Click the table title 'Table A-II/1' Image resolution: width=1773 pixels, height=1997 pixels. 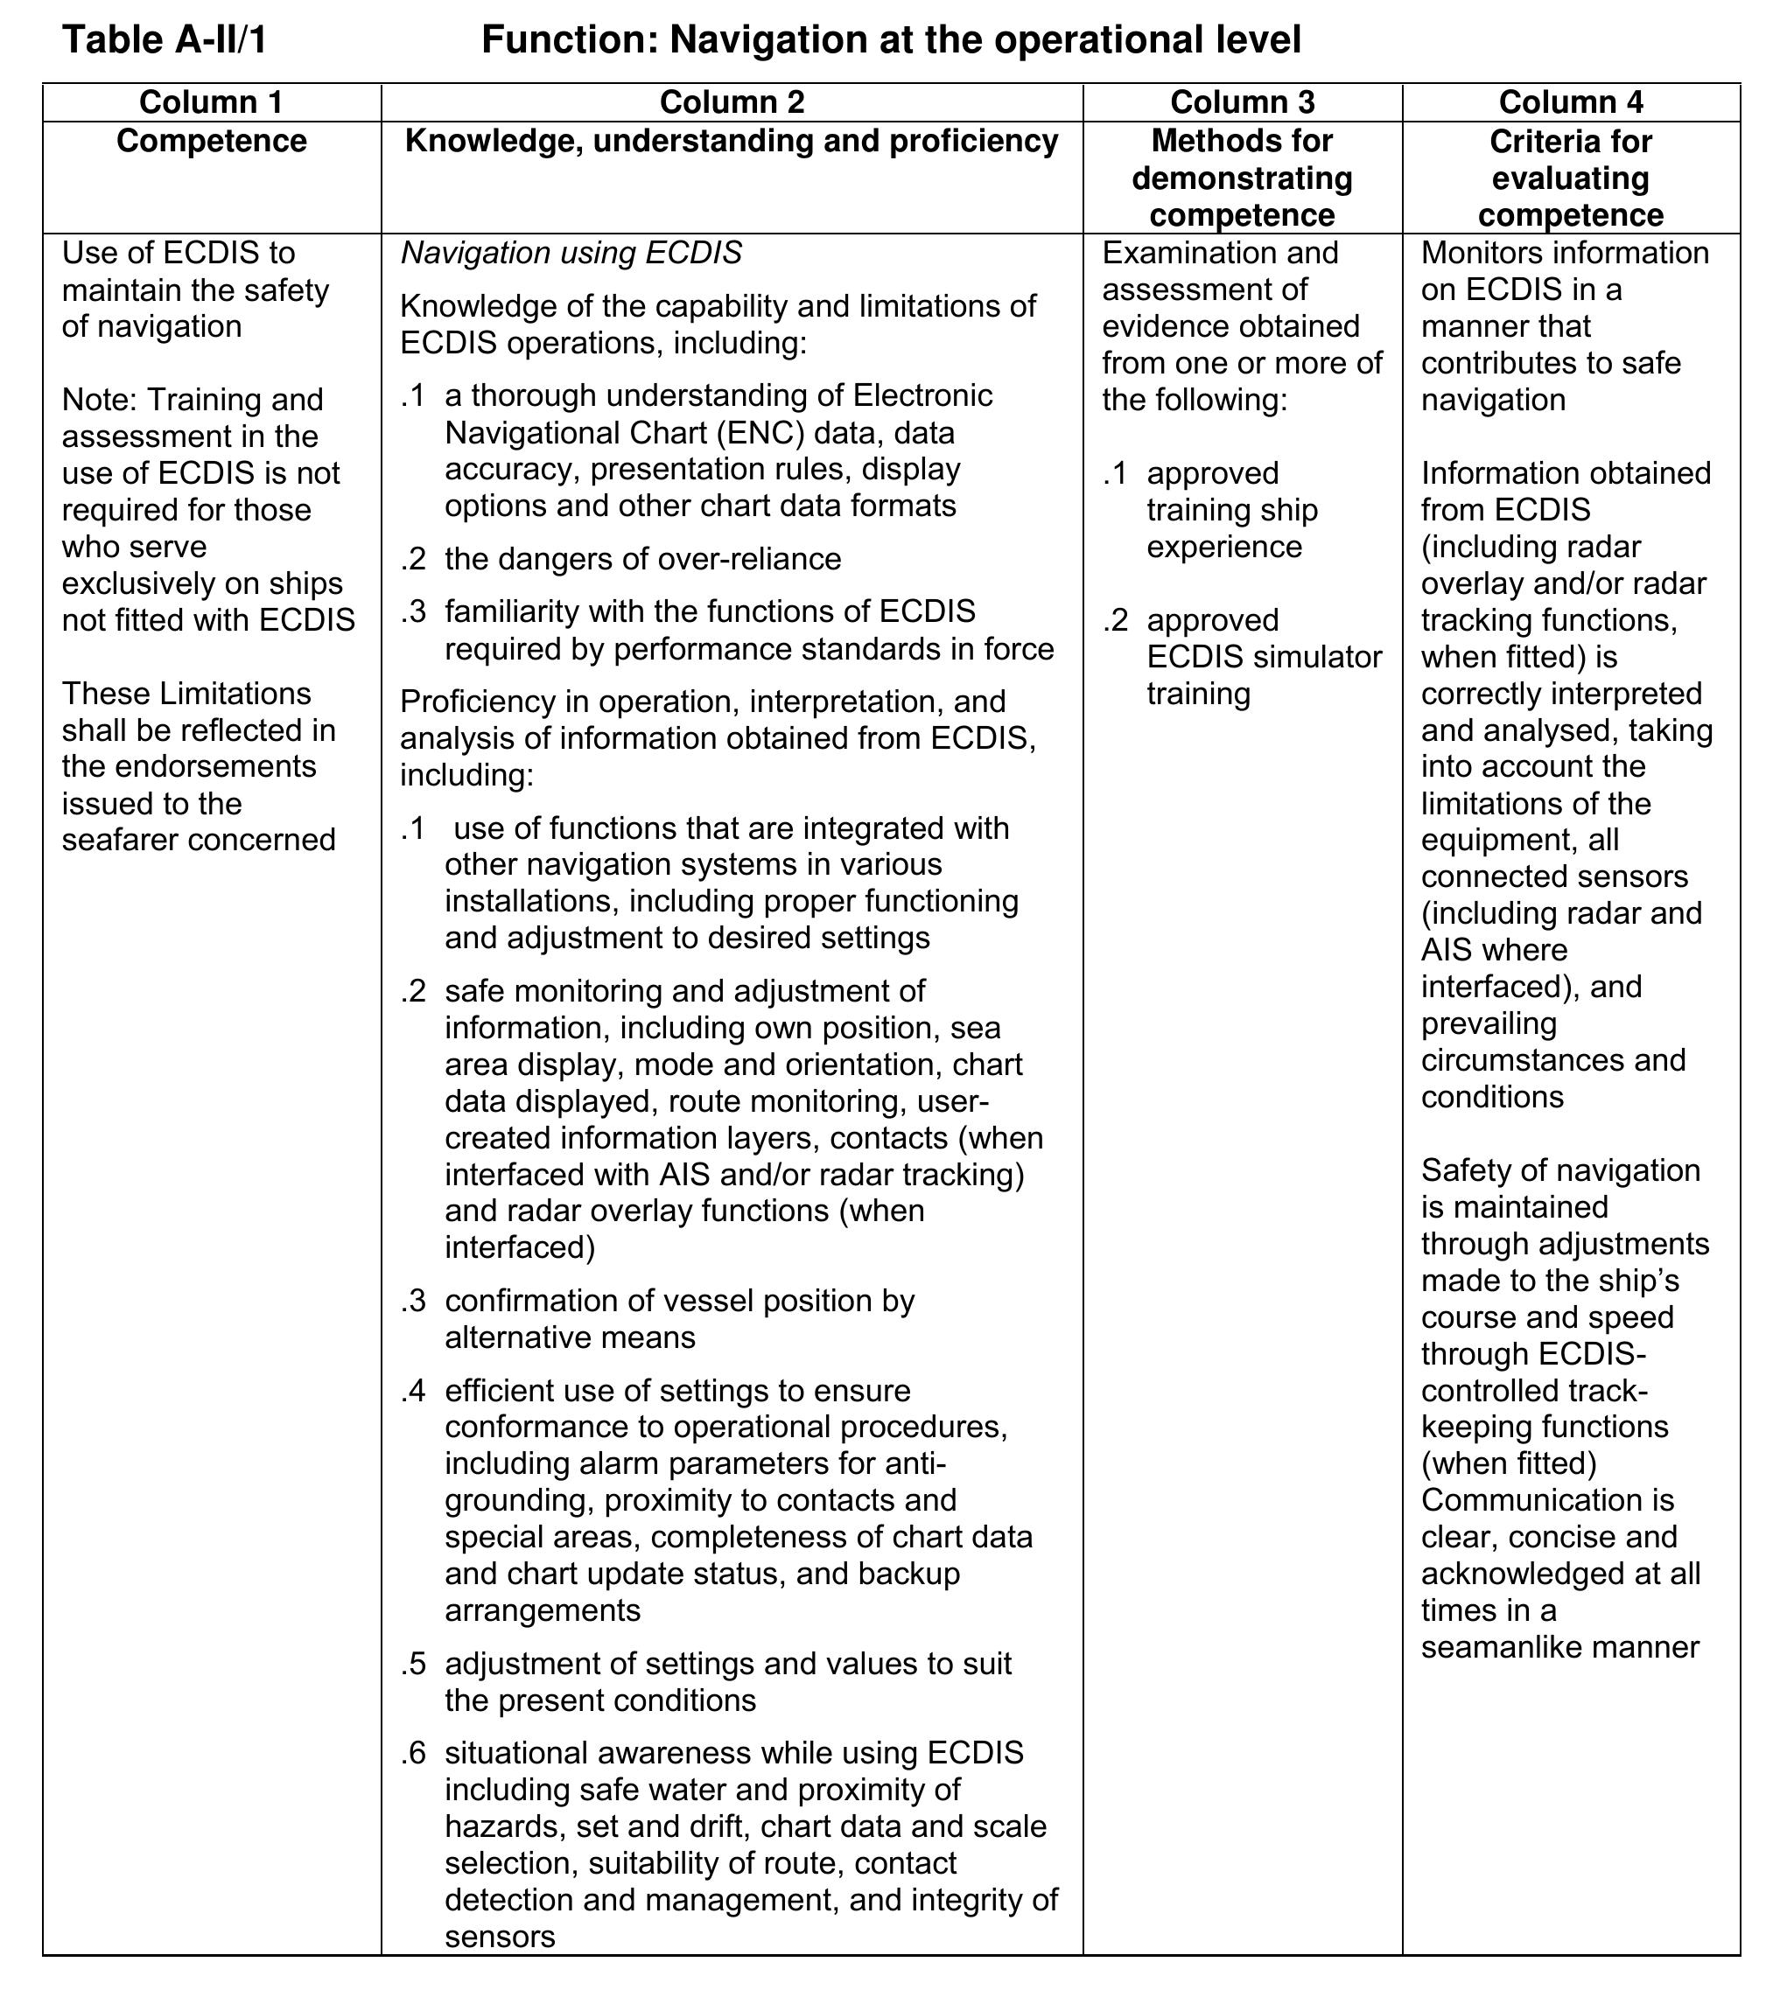(x=165, y=40)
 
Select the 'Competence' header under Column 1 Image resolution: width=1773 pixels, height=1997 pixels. (x=211, y=141)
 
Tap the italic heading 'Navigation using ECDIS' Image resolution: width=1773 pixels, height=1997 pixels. (x=571, y=253)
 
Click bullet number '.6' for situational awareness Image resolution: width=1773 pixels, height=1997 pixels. (x=412, y=1753)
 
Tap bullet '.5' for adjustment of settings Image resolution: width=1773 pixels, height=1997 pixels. (x=412, y=1663)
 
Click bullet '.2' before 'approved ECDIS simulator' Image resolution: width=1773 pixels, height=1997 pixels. (x=1115, y=620)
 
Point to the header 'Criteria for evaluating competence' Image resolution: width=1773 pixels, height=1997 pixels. (x=1570, y=178)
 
